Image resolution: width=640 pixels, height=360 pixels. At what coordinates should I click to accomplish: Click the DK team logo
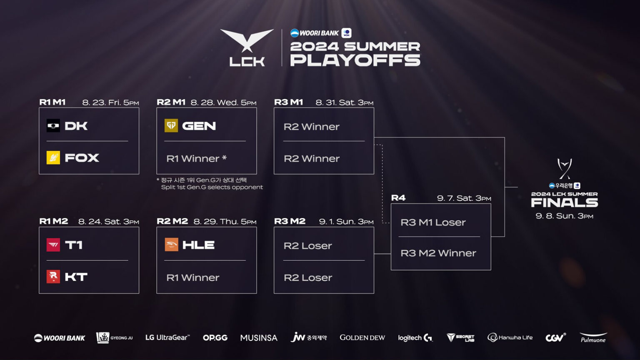(x=53, y=125)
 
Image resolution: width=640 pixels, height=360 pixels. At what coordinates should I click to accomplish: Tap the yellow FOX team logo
(x=53, y=157)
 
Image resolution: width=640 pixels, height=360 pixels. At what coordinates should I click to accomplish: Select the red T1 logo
(x=53, y=245)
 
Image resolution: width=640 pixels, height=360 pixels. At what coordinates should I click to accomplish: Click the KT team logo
(x=53, y=277)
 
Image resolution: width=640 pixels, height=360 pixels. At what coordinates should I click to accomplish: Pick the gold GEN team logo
(x=171, y=125)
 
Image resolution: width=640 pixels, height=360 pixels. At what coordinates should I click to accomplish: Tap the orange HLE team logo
(x=171, y=245)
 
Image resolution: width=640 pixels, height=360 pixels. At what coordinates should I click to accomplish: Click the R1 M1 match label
(x=52, y=102)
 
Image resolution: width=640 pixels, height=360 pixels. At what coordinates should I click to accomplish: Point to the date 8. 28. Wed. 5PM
(x=223, y=102)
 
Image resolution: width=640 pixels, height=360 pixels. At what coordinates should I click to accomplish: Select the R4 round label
(x=398, y=198)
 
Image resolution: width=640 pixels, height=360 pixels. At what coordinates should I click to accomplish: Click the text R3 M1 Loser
(x=433, y=222)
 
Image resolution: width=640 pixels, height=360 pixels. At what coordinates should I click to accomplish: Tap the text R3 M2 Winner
(x=438, y=253)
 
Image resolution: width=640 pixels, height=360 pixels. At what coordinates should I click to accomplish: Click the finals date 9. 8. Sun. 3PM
(x=564, y=216)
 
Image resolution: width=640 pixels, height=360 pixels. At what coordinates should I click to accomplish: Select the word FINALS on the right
(x=564, y=203)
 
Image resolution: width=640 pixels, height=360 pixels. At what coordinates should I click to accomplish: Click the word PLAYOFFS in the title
(x=355, y=60)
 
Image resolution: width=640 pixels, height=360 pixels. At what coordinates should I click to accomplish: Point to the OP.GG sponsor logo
(x=215, y=337)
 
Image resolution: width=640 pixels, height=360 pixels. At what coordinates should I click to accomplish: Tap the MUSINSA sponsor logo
(x=259, y=337)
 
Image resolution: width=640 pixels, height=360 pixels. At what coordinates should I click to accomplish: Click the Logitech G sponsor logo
(x=415, y=337)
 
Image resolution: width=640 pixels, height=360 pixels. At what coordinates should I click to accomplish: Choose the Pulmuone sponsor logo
(x=593, y=337)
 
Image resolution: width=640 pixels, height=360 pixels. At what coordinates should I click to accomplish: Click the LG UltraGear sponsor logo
(x=167, y=337)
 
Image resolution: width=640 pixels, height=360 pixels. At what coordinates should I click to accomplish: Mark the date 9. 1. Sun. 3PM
(x=346, y=222)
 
